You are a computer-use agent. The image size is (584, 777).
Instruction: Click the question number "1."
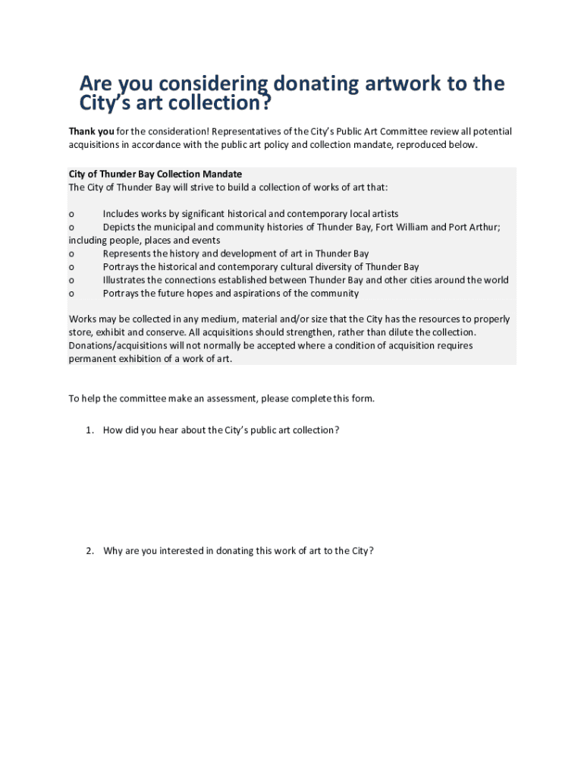89,430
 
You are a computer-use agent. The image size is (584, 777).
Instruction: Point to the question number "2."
89,551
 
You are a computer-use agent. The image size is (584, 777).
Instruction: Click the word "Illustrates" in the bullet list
126,280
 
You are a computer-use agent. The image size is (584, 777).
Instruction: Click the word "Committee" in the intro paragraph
386,132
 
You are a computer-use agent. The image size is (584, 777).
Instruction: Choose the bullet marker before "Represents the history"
71,253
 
